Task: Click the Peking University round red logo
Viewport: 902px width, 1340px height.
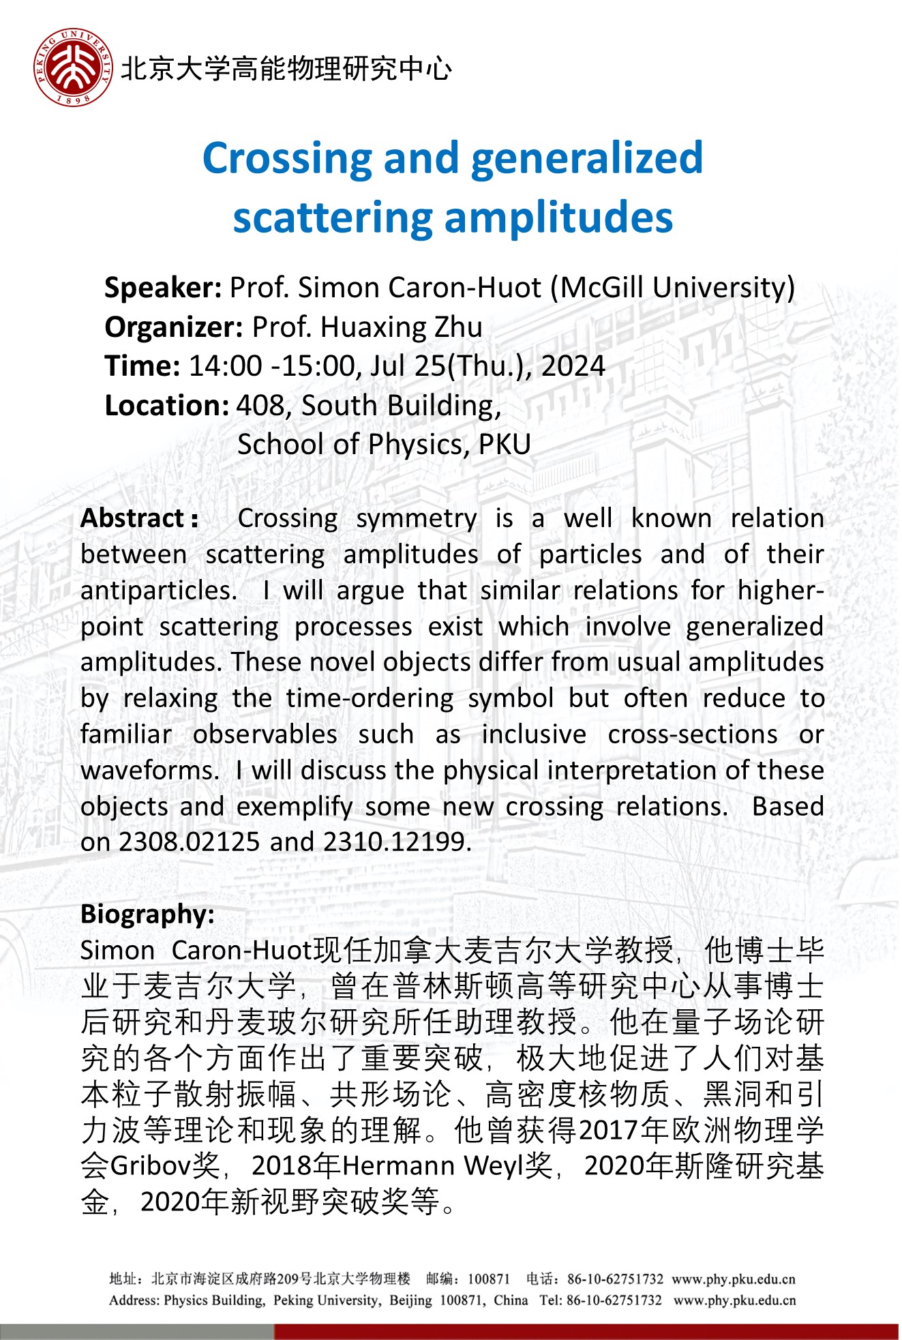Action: [74, 68]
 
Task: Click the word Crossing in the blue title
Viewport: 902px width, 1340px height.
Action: [286, 159]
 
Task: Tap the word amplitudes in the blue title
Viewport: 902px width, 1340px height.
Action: [558, 218]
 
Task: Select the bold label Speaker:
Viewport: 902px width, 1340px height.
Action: [163, 288]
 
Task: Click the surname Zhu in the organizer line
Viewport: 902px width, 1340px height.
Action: [458, 328]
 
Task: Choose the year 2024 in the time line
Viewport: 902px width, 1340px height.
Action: [573, 367]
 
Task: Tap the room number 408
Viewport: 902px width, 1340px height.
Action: [262, 406]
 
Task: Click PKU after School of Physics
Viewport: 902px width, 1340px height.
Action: [505, 445]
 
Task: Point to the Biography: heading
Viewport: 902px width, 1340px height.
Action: [147, 914]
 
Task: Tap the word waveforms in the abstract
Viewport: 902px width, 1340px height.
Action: [149, 771]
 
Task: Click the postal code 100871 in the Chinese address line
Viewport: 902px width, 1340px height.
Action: [488, 1279]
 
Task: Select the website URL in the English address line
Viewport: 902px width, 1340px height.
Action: [734, 1300]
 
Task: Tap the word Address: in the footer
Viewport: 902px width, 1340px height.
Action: [134, 1300]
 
